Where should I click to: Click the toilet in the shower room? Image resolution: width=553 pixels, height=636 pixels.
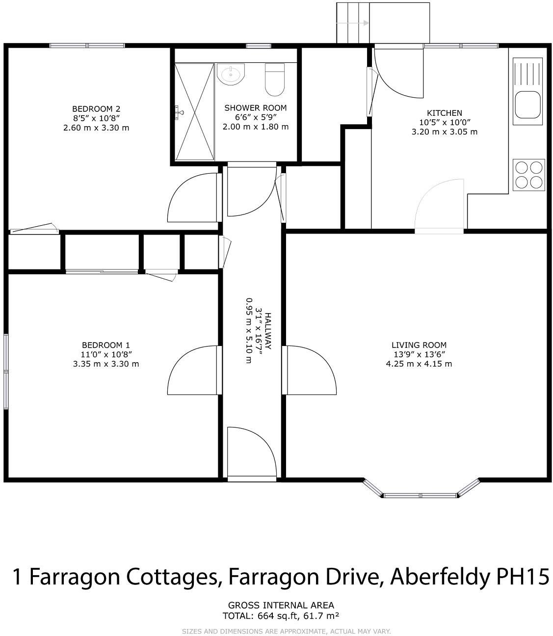(275, 80)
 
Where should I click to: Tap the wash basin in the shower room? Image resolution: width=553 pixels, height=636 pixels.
(230, 75)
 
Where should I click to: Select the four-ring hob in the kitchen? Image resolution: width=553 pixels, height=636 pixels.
(528, 175)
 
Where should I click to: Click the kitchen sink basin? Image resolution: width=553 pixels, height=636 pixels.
(527, 105)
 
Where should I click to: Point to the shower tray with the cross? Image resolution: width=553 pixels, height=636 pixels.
(195, 112)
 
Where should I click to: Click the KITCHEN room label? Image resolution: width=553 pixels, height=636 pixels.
(444, 113)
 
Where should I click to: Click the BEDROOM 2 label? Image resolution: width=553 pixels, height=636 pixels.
(96, 109)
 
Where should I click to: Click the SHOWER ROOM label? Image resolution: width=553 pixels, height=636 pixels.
(256, 108)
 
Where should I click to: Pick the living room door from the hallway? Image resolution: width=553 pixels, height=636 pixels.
(310, 371)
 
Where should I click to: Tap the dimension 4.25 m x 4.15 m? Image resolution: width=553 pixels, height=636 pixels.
(419, 364)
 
